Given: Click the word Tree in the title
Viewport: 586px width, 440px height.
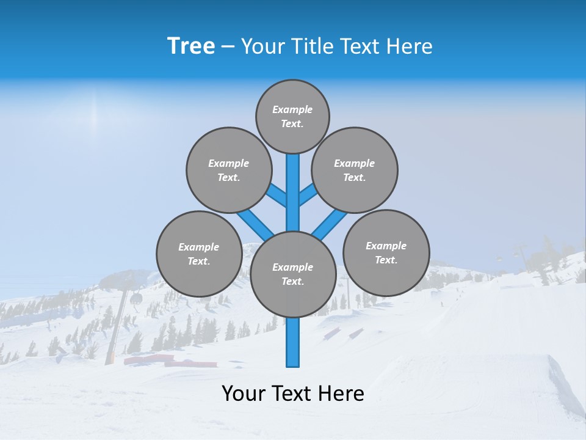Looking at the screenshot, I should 191,46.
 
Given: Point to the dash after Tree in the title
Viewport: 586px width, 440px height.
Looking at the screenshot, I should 228,47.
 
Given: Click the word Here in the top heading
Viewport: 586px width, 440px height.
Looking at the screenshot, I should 410,46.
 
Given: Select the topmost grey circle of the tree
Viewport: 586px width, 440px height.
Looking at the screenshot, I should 292,116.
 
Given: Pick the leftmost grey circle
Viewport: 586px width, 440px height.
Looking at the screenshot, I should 199,254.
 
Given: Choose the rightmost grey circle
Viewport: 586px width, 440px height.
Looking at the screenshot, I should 386,252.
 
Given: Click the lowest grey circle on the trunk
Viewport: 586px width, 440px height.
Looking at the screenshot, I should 293,274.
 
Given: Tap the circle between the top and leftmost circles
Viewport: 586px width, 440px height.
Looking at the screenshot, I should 228,170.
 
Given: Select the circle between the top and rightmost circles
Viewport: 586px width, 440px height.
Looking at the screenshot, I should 354,170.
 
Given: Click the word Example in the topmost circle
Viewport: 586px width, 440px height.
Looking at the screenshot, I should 292,110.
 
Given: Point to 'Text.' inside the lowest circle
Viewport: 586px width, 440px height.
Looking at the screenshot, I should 292,282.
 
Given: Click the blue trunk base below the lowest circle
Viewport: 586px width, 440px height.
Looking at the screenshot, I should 293,342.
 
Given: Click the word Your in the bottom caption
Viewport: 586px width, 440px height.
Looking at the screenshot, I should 243,394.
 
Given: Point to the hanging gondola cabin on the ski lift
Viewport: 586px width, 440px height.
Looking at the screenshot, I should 137,299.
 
